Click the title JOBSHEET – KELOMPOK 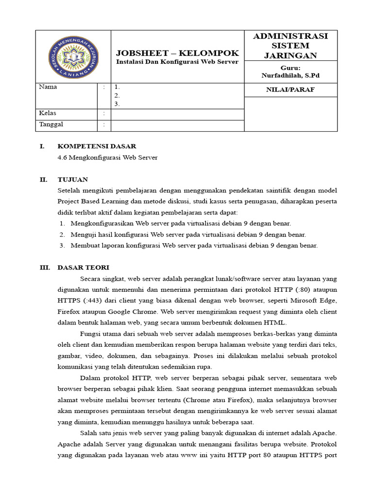[x=177, y=53]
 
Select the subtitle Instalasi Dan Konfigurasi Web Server [x=177, y=62]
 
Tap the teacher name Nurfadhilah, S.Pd [x=290, y=76]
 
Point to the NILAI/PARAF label [x=290, y=89]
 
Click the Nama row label [x=48, y=87]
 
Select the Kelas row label [x=48, y=113]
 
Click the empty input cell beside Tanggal [x=177, y=125]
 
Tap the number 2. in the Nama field [x=117, y=96]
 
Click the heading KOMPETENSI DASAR [x=97, y=146]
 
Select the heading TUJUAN [x=73, y=179]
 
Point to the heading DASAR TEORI [x=84, y=267]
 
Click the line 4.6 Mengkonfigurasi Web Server [x=108, y=158]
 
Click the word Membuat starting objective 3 [x=85, y=246]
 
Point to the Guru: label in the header [x=290, y=68]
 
